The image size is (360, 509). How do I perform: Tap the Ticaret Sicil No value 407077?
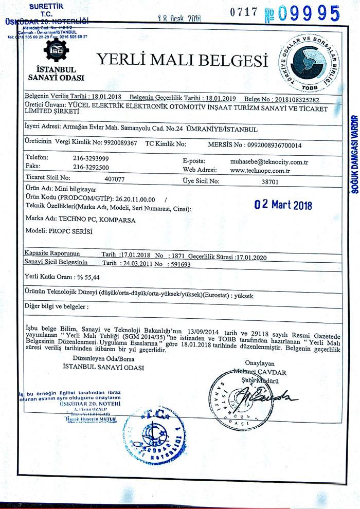pos(114,180)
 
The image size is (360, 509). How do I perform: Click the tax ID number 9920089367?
pos(117,143)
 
